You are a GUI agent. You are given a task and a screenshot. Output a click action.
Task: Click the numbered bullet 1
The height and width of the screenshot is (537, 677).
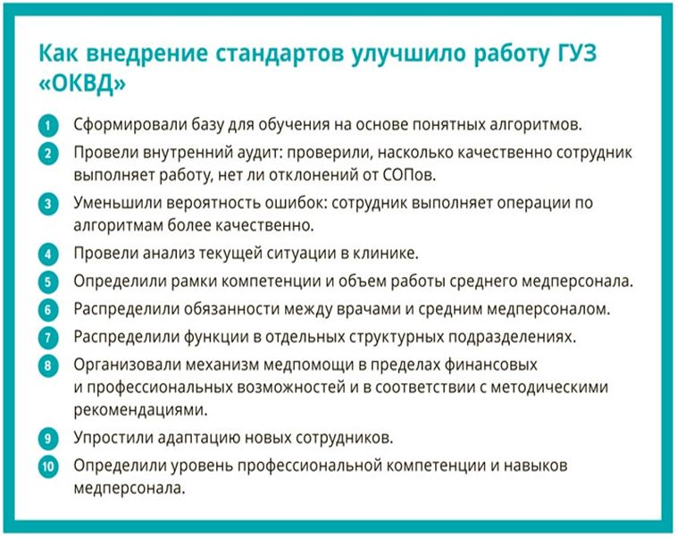48,126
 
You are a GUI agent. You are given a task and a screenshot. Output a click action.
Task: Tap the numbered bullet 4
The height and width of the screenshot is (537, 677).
48,254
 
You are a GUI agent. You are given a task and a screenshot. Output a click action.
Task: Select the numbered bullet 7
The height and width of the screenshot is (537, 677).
48,338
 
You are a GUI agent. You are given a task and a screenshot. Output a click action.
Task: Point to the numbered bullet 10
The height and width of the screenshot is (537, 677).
48,467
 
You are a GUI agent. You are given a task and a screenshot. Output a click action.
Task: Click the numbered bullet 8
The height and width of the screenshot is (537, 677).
48,366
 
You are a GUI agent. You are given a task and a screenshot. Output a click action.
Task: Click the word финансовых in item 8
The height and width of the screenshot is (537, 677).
490,365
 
